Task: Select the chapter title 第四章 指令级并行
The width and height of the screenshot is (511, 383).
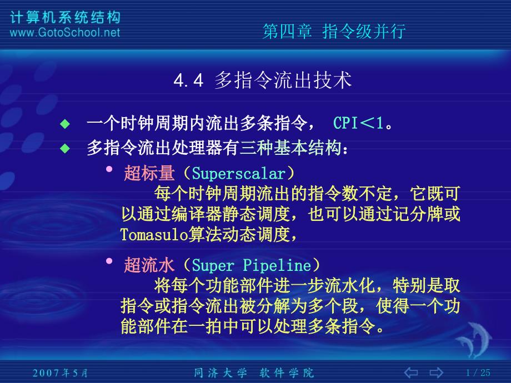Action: [333, 31]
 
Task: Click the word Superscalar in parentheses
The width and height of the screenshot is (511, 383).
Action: [239, 174]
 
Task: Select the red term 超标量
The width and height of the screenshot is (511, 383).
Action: [149, 174]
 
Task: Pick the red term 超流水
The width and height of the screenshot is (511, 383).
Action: [149, 265]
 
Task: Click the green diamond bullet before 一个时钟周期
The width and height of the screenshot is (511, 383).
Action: [66, 123]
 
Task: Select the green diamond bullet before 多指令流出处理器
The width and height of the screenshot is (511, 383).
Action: [66, 149]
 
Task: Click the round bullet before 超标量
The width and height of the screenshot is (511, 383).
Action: [109, 169]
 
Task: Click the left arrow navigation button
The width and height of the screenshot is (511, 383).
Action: [412, 371]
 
